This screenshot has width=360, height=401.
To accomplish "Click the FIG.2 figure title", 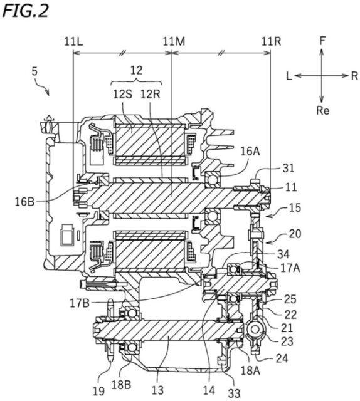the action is click(26, 11).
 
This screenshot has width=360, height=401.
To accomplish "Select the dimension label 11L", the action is click(73, 41).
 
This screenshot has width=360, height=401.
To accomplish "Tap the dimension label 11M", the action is click(174, 41).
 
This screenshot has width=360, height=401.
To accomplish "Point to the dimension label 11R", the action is click(271, 41).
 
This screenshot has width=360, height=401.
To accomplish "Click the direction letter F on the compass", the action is click(322, 41).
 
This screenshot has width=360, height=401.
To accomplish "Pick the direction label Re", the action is click(322, 110).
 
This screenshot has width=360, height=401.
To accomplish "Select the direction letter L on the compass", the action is click(289, 76).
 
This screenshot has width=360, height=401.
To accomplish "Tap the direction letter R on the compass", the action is click(354, 76).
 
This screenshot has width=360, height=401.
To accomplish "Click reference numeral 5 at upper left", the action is click(34, 71).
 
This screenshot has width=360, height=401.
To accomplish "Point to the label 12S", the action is click(123, 95).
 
